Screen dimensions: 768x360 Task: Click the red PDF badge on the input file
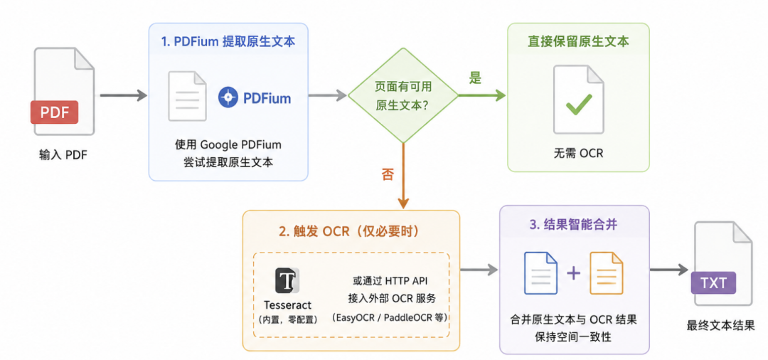54,112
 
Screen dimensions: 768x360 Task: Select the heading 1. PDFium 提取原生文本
228,41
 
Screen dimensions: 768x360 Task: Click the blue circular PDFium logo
228,98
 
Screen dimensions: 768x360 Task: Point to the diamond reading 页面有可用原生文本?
403,95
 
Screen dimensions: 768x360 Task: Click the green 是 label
475,78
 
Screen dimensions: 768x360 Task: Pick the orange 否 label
388,174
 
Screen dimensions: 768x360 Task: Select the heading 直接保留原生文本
578,41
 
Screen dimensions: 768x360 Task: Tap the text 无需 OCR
578,153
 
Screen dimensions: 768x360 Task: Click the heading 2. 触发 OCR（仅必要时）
349,231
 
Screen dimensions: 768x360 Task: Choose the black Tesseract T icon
287,280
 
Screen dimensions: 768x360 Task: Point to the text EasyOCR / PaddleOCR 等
390,317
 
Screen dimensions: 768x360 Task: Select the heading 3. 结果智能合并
574,225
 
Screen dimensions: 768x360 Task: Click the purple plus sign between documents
574,272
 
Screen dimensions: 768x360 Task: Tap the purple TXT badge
714,283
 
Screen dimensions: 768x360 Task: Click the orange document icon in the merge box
606,272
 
